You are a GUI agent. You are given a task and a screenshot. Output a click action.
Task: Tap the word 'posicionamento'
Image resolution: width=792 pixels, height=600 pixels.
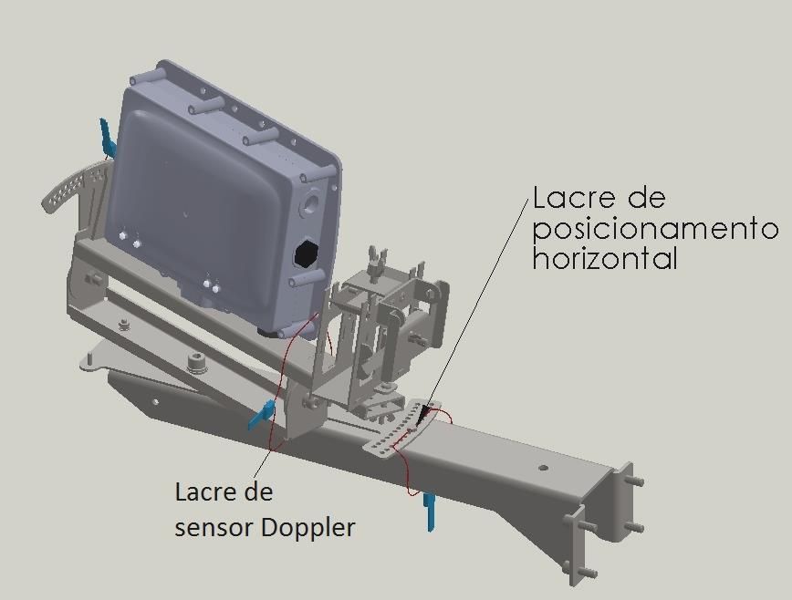coord(655,231)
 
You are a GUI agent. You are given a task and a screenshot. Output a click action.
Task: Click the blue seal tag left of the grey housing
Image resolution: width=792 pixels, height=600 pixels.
coord(107,138)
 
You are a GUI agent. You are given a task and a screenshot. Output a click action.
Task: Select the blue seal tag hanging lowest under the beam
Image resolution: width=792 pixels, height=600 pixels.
coord(430,512)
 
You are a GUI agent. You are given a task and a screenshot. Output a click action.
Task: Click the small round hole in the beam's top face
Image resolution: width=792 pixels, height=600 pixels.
coord(543,467)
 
